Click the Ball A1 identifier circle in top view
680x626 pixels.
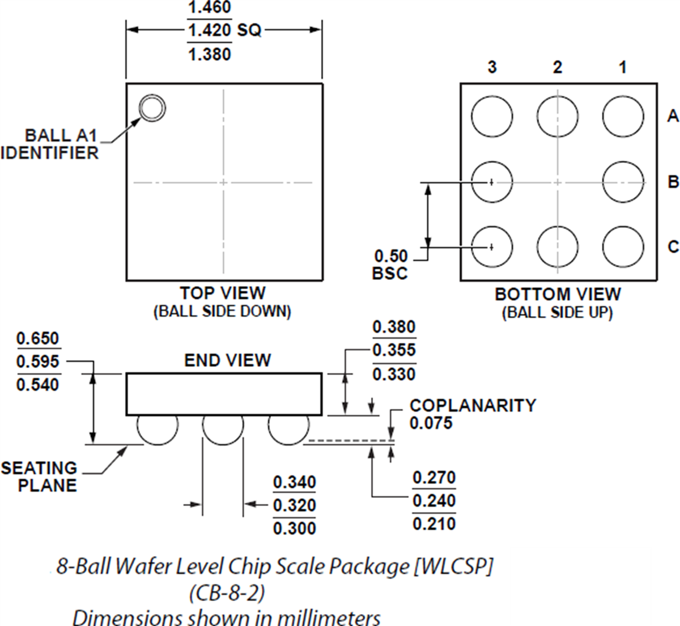(152, 108)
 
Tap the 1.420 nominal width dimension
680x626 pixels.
(209, 31)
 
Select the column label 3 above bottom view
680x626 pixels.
(492, 67)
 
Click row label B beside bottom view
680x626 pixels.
(673, 182)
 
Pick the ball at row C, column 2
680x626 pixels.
(558, 247)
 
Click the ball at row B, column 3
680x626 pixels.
(492, 182)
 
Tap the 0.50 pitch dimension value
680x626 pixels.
(391, 256)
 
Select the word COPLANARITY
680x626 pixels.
(473, 406)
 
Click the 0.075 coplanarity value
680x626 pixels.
(431, 423)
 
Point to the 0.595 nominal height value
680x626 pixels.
(38, 361)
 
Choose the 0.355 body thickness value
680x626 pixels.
(394, 350)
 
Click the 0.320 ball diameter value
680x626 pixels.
(294, 505)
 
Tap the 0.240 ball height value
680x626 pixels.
(434, 501)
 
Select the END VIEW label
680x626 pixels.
(227, 360)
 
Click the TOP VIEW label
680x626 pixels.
(223, 293)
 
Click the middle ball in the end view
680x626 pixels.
(223, 431)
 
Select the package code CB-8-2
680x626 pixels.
(227, 593)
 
